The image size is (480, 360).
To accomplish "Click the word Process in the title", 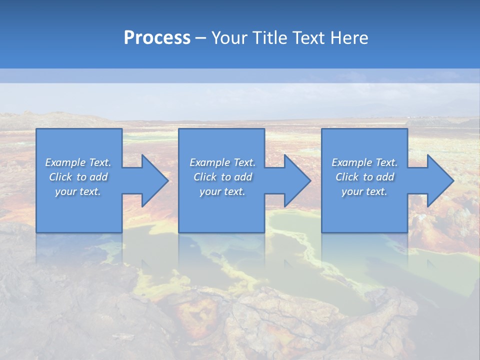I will click(x=157, y=38).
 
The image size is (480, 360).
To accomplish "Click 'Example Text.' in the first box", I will click(x=78, y=162).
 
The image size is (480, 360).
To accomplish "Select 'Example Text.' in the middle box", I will click(x=222, y=162).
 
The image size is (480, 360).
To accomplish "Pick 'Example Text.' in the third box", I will click(x=364, y=162).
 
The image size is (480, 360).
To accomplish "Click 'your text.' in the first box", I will click(x=78, y=191).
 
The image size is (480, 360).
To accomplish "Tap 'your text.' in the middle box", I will click(x=222, y=191).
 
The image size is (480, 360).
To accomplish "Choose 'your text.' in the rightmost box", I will click(x=364, y=191).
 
